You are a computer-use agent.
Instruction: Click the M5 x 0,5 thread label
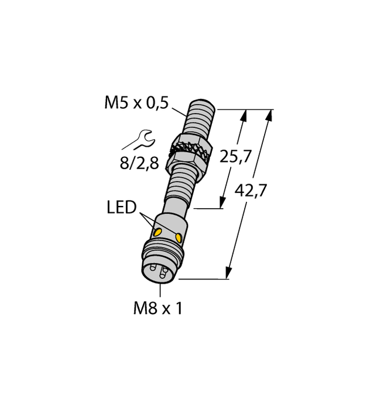click(136, 104)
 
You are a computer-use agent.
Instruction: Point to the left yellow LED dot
click(157, 232)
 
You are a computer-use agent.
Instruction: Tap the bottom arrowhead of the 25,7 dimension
click(222, 202)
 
